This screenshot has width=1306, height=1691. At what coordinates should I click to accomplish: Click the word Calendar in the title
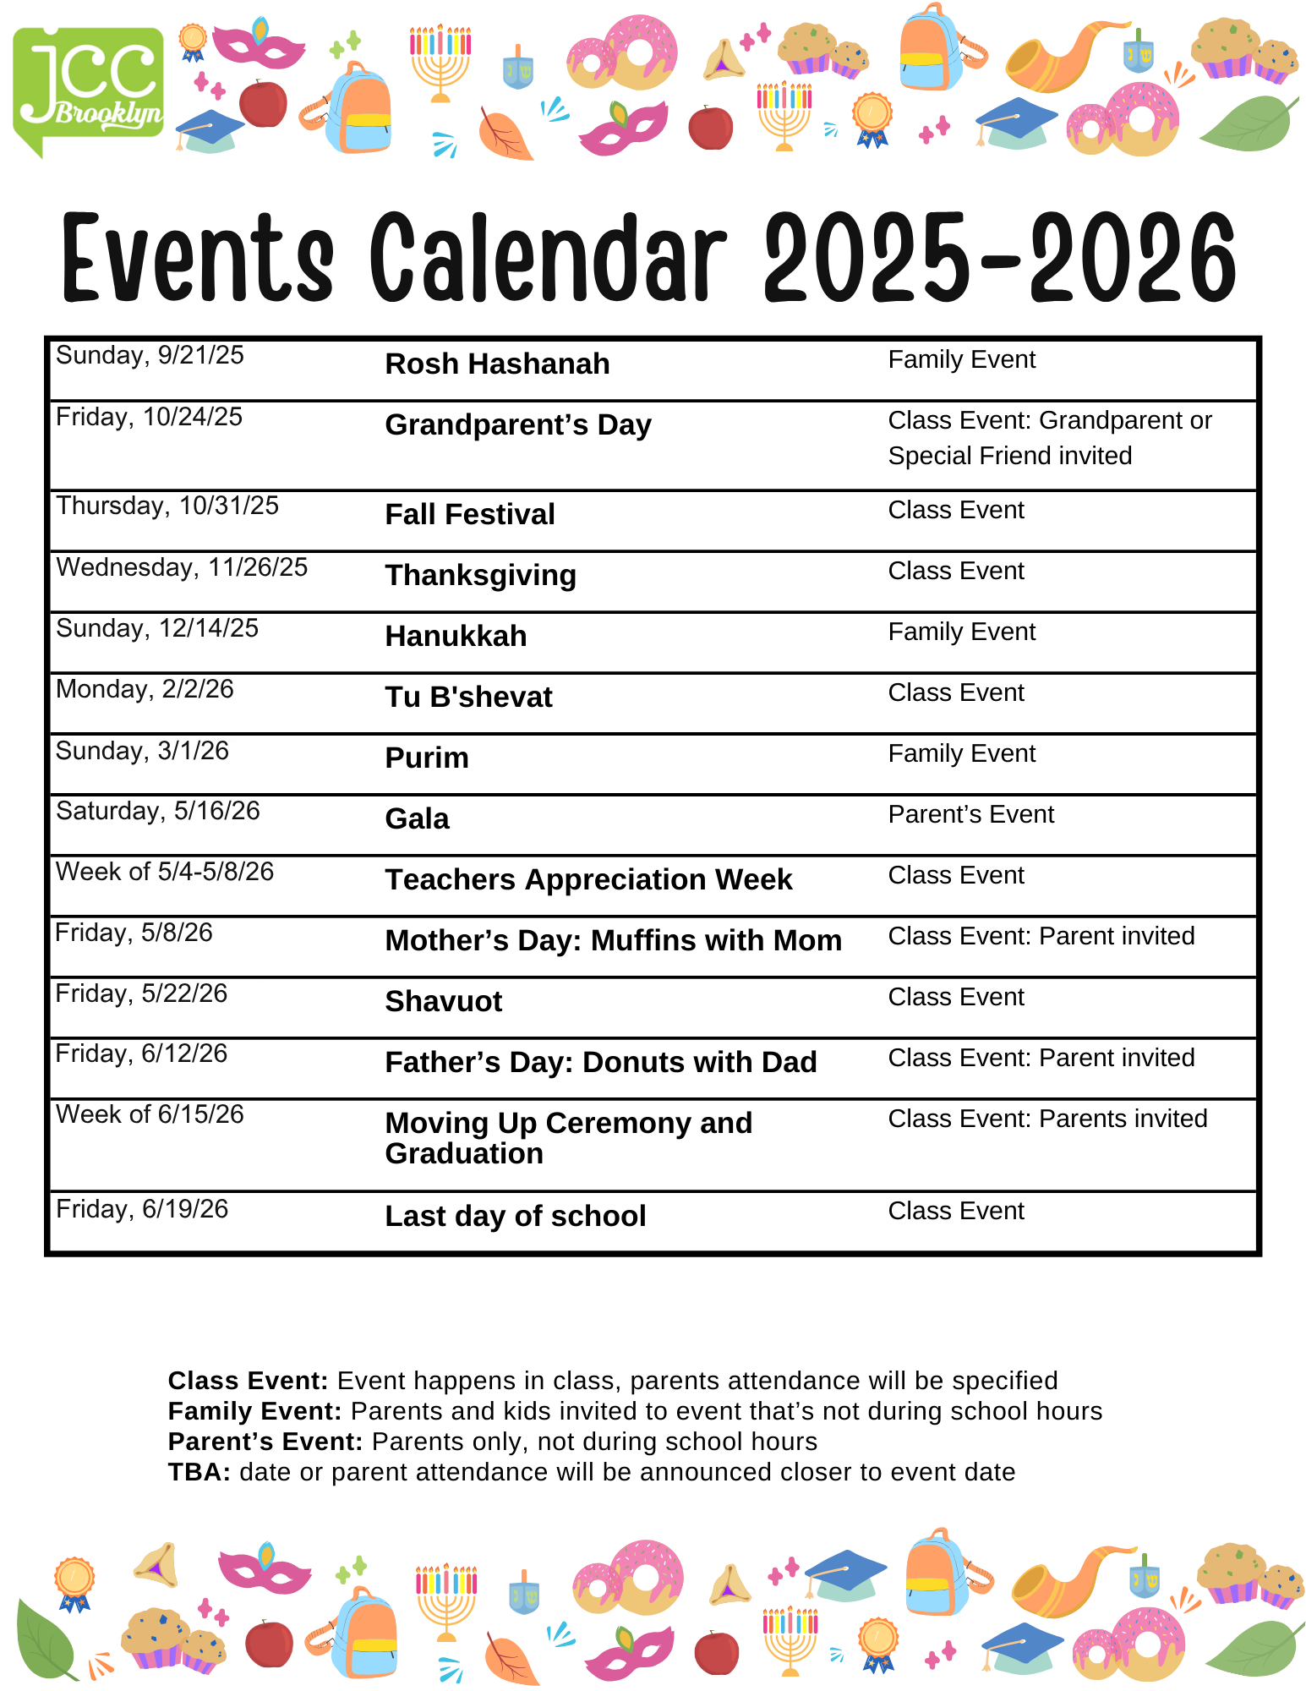tap(548, 258)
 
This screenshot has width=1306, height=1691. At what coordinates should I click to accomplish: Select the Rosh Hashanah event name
tap(497, 364)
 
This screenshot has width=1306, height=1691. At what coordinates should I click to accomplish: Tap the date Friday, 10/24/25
tap(149, 417)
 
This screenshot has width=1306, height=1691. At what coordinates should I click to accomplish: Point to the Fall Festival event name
tap(470, 515)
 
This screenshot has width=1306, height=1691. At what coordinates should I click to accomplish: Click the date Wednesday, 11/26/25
tap(182, 567)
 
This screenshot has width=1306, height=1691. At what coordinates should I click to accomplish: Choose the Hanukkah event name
tap(456, 637)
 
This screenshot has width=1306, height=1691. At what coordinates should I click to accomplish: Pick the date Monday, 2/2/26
tap(145, 689)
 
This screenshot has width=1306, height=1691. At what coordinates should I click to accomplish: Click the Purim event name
tap(427, 758)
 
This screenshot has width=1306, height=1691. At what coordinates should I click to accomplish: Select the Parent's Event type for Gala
tap(970, 814)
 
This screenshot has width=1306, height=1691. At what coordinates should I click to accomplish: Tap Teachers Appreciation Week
tap(588, 880)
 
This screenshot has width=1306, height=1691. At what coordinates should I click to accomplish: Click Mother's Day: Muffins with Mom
tap(613, 941)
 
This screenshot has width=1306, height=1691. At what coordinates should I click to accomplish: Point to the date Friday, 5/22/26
tap(141, 993)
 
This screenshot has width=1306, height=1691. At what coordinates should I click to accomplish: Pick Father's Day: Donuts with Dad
tap(600, 1063)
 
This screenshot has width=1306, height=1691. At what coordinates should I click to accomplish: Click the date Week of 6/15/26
tap(150, 1114)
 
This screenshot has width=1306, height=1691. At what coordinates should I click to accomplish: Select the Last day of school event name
tap(515, 1217)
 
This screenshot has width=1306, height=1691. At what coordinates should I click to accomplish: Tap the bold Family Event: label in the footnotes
tap(254, 1411)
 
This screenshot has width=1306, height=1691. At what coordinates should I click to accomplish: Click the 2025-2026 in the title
tap(1000, 258)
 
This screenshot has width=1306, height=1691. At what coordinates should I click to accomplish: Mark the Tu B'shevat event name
tap(468, 698)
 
